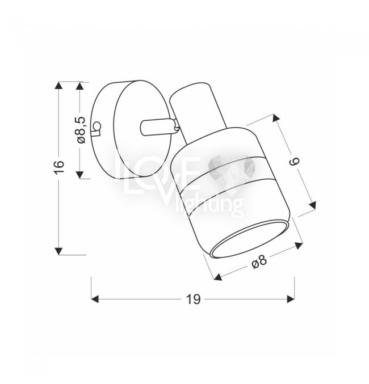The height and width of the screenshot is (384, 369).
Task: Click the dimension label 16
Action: (59, 167)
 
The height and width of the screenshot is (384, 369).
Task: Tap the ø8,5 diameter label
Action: (81, 130)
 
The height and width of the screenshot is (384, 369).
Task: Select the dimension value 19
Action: (193, 299)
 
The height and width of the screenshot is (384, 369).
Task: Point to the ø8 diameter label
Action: (259, 262)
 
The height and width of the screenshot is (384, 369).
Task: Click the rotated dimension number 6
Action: (295, 162)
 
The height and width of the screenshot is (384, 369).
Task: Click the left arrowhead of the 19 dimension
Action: (95, 299)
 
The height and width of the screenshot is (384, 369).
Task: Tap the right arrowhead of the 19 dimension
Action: (291, 299)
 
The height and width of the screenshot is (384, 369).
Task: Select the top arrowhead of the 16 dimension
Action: (58, 86)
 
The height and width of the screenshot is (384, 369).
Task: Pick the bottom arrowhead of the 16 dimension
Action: (58, 251)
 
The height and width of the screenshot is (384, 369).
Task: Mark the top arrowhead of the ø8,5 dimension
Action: (79, 86)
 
